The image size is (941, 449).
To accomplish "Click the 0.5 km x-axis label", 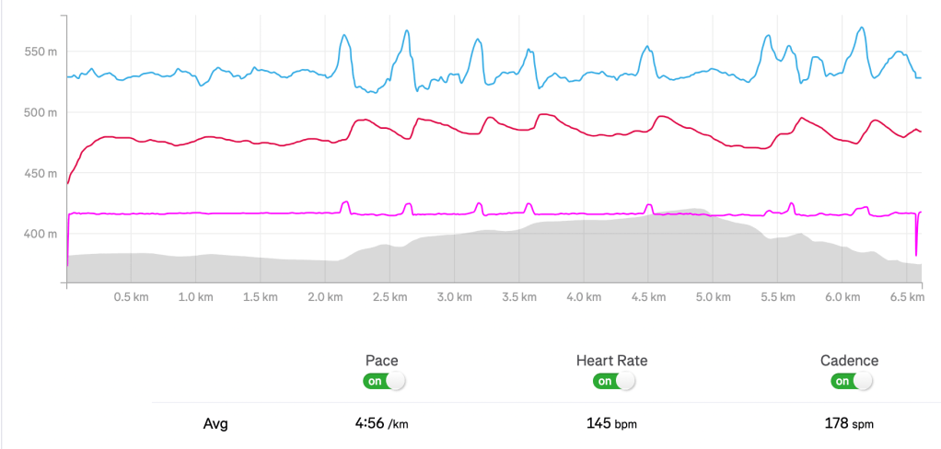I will coord(131,298).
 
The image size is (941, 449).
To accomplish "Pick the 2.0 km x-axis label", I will coord(325,298).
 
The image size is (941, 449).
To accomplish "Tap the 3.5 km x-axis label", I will coord(519,298).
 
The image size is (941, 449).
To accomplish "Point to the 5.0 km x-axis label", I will coord(714,298).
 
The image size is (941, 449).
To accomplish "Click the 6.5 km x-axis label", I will coord(907,298).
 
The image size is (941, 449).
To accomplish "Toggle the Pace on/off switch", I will coord(383,381).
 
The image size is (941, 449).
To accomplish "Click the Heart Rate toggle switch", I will coord(615,381).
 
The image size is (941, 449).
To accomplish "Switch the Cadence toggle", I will coord(851,381).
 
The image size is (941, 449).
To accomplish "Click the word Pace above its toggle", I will coord(382,361).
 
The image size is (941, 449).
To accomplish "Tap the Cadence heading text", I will coord(849,361).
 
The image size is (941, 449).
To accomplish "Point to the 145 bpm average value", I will coord(611,424).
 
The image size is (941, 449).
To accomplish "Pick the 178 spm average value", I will coord(849,424).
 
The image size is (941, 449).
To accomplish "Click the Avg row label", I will coord(215,425).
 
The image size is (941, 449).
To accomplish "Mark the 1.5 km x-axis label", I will coord(261,298).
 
